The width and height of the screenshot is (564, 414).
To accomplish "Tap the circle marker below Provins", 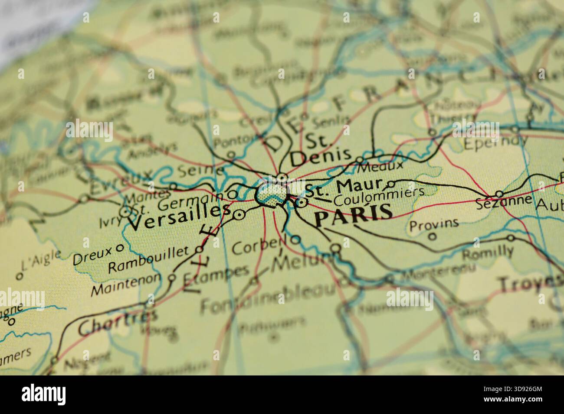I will tap(432, 236).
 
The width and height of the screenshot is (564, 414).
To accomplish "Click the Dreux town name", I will tap(92, 258).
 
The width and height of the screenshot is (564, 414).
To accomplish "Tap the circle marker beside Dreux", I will tap(120, 249).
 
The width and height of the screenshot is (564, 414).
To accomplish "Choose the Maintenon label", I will tap(126, 285).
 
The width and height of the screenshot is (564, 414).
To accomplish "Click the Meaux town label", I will tap(382, 165).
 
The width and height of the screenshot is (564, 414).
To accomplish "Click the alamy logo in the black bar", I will tap(44, 394).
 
